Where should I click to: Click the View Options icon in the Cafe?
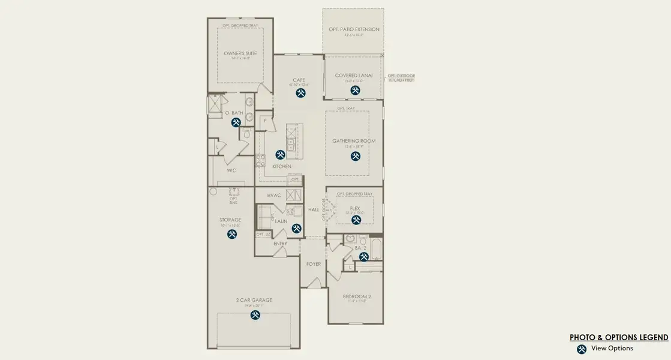300,93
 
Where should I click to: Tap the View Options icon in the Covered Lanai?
356,90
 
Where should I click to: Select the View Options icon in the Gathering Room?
356,156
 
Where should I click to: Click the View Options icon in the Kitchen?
280,155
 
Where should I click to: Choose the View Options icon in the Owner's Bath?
236,122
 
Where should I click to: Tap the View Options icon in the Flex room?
356,220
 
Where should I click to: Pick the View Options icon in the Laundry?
297,228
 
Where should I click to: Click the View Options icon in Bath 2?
363,257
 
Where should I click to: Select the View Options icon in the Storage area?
232,234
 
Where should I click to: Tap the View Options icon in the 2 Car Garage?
255,314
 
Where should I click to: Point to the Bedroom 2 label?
357,296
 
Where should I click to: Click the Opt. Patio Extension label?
354,29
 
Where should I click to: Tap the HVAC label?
274,195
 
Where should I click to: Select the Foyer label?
313,264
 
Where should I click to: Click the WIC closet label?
231,170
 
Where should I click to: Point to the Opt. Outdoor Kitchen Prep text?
401,78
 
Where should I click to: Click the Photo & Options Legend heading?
618,338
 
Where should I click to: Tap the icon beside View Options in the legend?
581,349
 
